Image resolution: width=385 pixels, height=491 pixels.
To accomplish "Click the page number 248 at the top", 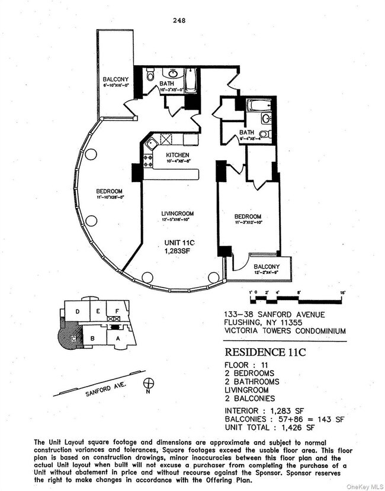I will click(180, 20).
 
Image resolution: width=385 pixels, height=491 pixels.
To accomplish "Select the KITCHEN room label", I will click(161, 155).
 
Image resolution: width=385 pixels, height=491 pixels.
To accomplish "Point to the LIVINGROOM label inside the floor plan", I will click(178, 213).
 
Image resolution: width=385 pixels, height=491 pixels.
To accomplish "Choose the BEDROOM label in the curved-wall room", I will click(110, 191).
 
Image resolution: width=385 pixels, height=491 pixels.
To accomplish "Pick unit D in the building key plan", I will click(77, 311).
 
